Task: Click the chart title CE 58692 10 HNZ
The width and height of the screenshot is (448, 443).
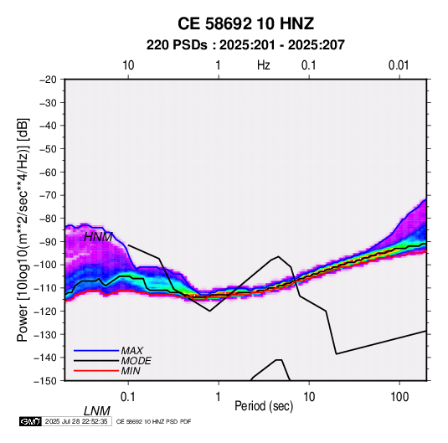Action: tap(245, 23)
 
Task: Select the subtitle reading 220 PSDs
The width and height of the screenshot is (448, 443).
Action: tap(177, 45)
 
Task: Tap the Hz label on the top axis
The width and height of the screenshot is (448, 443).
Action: tap(264, 65)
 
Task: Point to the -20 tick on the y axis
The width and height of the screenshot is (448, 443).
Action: tap(48, 80)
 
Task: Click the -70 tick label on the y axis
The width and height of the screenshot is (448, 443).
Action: tap(48, 195)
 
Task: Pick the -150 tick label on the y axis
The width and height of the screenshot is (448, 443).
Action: tap(45, 381)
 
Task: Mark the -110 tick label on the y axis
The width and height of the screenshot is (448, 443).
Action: tap(45, 288)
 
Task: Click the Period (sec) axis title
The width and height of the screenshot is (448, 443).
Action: tap(264, 406)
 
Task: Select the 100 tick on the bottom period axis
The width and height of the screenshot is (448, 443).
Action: tap(399, 397)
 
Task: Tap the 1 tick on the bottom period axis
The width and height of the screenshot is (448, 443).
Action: tap(219, 397)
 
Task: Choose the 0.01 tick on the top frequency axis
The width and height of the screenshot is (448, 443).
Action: tap(399, 65)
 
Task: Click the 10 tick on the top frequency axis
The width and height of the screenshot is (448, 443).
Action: tap(128, 65)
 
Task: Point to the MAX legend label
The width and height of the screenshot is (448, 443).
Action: tap(132, 351)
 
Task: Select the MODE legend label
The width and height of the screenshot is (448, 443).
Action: tap(136, 361)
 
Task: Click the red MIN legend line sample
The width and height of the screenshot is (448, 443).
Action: tap(96, 371)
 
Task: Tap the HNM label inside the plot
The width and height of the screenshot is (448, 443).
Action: tap(98, 237)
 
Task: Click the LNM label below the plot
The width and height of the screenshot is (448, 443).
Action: tap(97, 411)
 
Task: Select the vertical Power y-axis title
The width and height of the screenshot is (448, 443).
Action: tap(23, 229)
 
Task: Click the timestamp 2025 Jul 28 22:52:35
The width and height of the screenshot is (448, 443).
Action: tap(76, 421)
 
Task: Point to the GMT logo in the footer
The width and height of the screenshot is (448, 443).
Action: tap(31, 421)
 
